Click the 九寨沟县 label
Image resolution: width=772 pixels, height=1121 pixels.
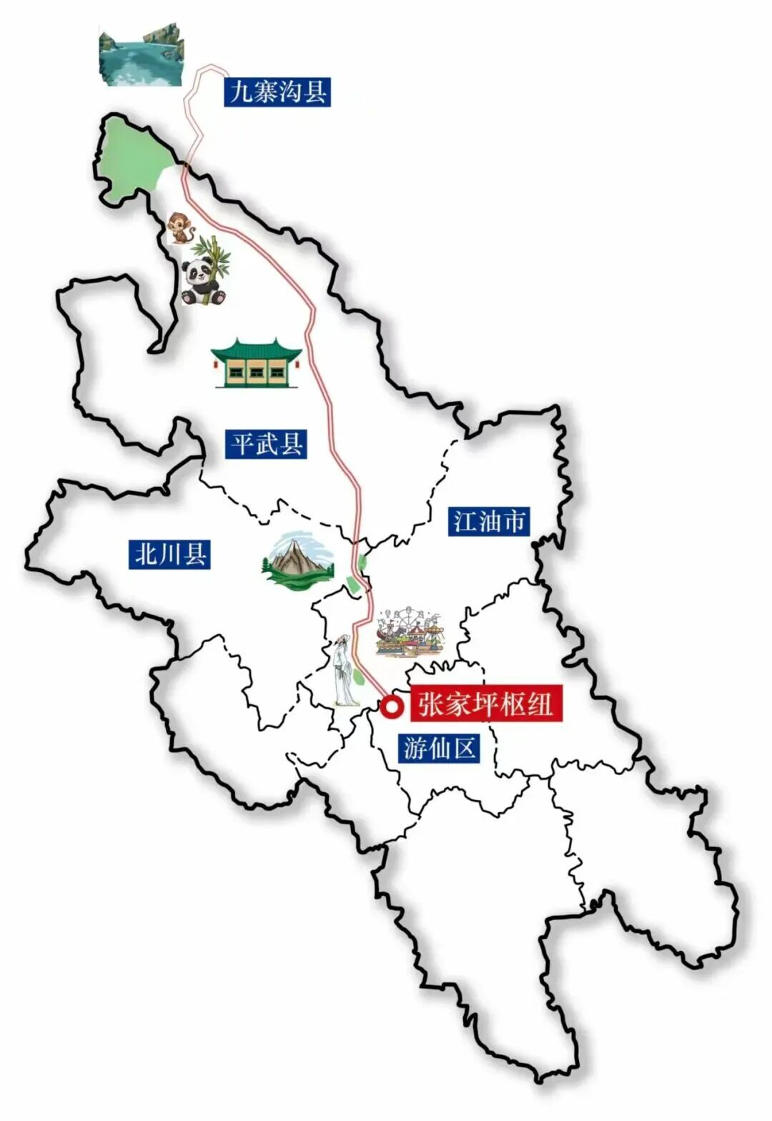point(277,92)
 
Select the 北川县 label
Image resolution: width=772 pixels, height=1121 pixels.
point(171,554)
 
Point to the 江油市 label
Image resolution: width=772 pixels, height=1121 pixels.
point(490,520)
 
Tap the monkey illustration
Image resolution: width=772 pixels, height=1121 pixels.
point(181,228)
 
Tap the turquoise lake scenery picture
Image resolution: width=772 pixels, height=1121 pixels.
point(141,57)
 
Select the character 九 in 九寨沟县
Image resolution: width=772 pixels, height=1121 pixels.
point(241,92)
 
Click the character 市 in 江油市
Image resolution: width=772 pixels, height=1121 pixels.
point(514,520)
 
